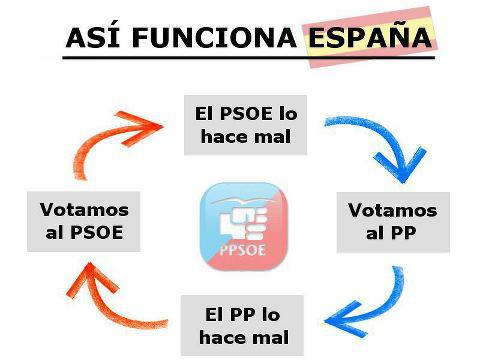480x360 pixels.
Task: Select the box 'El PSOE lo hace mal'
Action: tap(245, 125)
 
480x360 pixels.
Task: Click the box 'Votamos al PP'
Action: tap(392, 222)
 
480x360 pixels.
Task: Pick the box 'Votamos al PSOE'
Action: tap(84, 222)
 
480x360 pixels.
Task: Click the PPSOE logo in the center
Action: tap(243, 225)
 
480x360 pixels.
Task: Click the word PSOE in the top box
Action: tap(245, 113)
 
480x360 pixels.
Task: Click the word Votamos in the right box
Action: tap(392, 210)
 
